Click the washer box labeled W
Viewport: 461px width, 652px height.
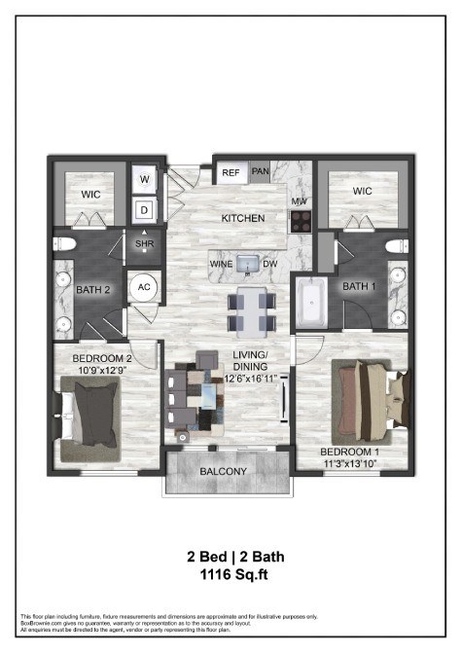pos(145,180)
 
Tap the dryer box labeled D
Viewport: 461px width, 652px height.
pos(145,208)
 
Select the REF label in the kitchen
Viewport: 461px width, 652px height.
pos(230,172)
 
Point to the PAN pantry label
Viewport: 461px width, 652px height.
pos(260,172)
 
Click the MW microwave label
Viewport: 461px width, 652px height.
pos(299,201)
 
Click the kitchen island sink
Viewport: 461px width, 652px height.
pos(247,263)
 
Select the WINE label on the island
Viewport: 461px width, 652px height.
pos(219,264)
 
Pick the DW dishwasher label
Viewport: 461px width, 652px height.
pos(272,264)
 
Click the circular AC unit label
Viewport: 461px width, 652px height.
pos(144,288)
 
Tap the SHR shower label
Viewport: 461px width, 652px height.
pos(145,243)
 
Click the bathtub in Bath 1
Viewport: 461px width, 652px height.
pos(312,303)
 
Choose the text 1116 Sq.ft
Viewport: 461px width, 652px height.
pos(230,575)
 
